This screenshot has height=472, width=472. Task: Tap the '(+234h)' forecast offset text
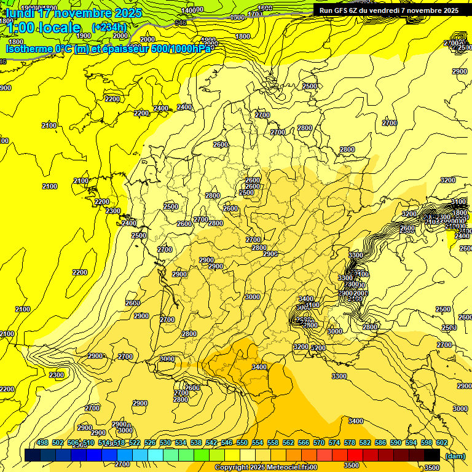(x=109, y=27)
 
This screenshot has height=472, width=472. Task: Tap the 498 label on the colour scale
(x=42, y=442)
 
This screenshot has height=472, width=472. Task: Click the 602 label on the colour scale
(x=441, y=442)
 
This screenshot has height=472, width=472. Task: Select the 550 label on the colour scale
(x=242, y=442)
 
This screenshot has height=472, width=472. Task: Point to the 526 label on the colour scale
(x=150, y=442)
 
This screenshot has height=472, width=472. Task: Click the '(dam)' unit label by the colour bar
(x=455, y=455)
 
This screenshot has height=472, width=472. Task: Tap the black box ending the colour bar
(x=432, y=455)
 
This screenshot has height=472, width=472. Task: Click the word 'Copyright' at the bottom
(x=233, y=468)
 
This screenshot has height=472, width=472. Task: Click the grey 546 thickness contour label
(x=180, y=23)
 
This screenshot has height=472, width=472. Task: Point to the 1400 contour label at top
(x=192, y=10)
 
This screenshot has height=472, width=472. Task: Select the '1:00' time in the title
(x=18, y=28)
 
